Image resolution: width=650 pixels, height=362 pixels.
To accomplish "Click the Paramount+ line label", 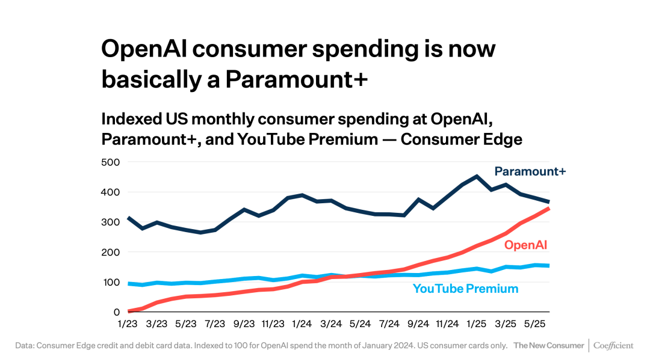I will coord(530,171).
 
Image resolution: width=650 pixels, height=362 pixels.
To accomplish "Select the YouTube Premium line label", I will coord(465,289).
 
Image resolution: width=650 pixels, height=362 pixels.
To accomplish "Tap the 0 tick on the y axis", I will coord(116,312).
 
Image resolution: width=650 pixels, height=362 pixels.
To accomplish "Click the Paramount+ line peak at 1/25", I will coord(477,176).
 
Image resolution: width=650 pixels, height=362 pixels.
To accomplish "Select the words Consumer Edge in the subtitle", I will coord(462,139).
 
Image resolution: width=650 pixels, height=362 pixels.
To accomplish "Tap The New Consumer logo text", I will coord(548,346).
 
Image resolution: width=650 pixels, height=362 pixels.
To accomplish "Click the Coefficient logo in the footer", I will coord(613,346).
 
